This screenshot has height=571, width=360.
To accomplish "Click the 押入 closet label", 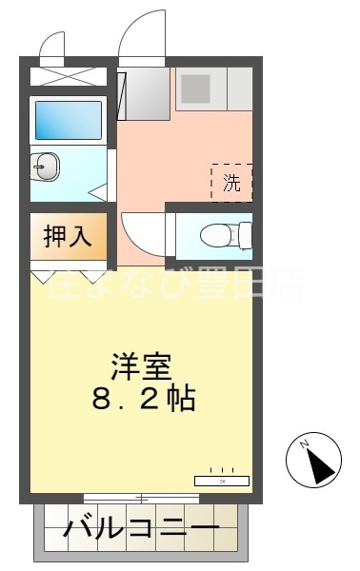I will point(68,237).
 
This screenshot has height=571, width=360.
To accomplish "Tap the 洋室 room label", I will point(142,365).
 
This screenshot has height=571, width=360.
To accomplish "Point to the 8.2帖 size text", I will point(143,398).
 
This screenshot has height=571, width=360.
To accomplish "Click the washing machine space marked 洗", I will point(231,184).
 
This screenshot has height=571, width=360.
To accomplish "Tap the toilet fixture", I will point(220,233).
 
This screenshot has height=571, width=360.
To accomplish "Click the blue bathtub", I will point(68,120).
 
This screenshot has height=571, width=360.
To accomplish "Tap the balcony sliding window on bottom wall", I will point(141,499).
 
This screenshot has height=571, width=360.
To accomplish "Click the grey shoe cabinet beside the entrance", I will point(146,93).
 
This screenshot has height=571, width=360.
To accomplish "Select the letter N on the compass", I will point(306,444).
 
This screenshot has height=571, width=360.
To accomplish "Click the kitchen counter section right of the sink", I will point(240,89).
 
